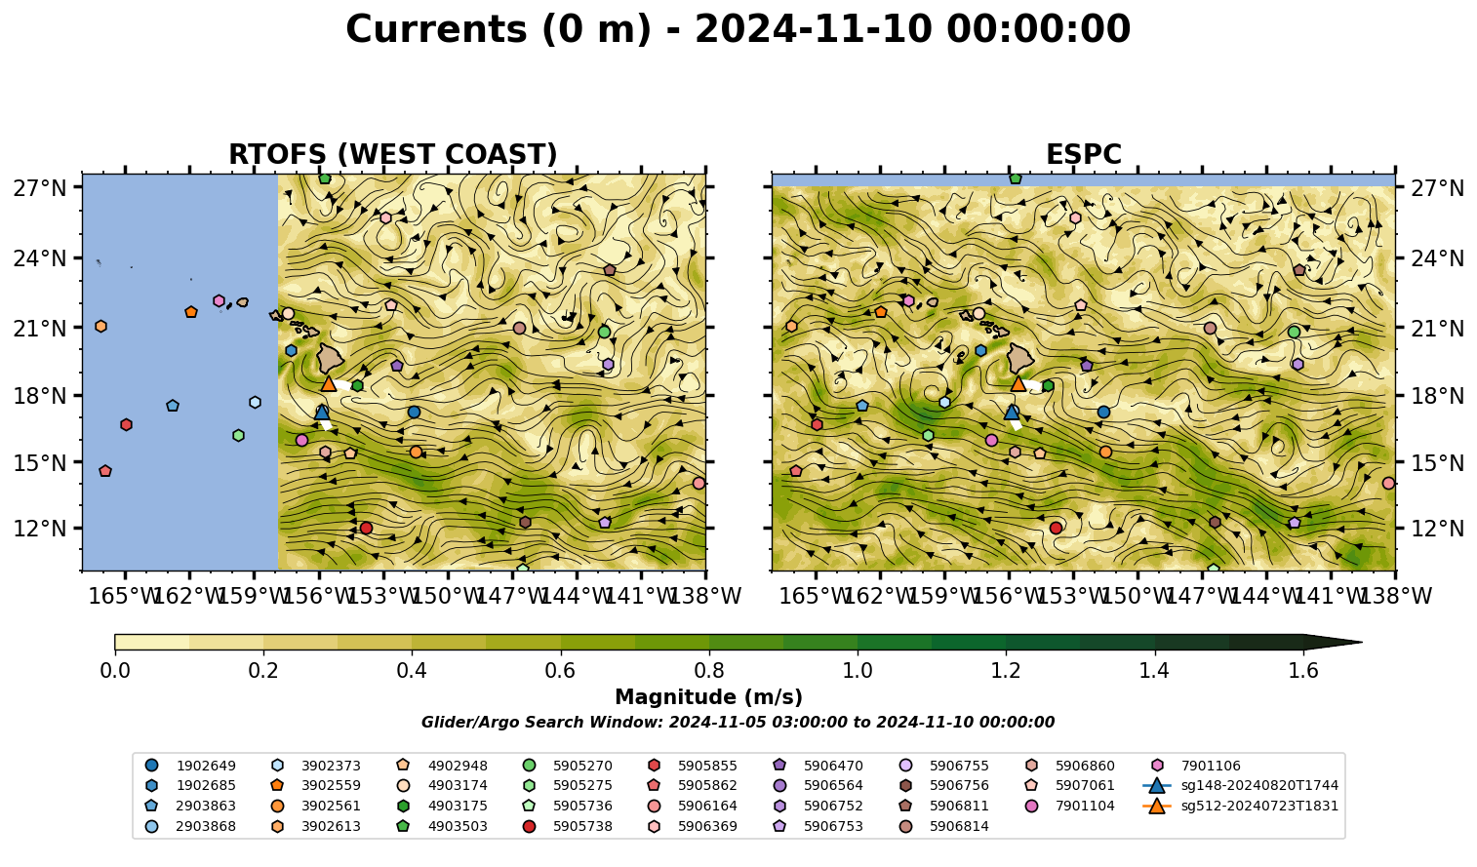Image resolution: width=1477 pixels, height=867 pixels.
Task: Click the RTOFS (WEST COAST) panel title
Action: point(393,154)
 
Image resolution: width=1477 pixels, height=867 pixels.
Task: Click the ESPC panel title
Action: point(1083,154)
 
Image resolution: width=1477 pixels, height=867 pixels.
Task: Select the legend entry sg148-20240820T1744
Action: point(1240,785)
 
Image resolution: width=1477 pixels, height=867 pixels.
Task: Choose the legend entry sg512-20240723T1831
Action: point(1240,806)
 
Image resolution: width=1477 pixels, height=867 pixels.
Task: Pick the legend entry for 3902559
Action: point(316,785)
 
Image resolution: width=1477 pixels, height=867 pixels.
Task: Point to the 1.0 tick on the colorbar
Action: point(858,652)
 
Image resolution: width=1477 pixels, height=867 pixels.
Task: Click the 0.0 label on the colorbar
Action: point(115,671)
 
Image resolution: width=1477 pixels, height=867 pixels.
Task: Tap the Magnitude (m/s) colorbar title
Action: point(708,697)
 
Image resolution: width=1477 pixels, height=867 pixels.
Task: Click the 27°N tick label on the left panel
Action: point(40,188)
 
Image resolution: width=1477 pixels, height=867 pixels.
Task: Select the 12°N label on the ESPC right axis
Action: point(1437,529)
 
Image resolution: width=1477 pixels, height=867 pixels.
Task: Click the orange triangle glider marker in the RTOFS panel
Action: point(329,383)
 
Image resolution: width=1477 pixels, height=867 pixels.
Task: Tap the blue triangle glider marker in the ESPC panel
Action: point(1012,413)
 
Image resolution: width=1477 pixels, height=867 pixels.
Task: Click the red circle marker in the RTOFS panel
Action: point(367,529)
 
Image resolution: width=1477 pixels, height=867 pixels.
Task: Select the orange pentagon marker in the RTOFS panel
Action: point(191,312)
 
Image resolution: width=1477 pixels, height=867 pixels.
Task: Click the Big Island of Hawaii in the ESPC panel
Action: point(1020,358)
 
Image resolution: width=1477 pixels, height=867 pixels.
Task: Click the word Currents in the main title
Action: point(436,29)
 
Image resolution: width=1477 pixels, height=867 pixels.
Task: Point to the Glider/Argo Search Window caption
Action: point(738,722)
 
